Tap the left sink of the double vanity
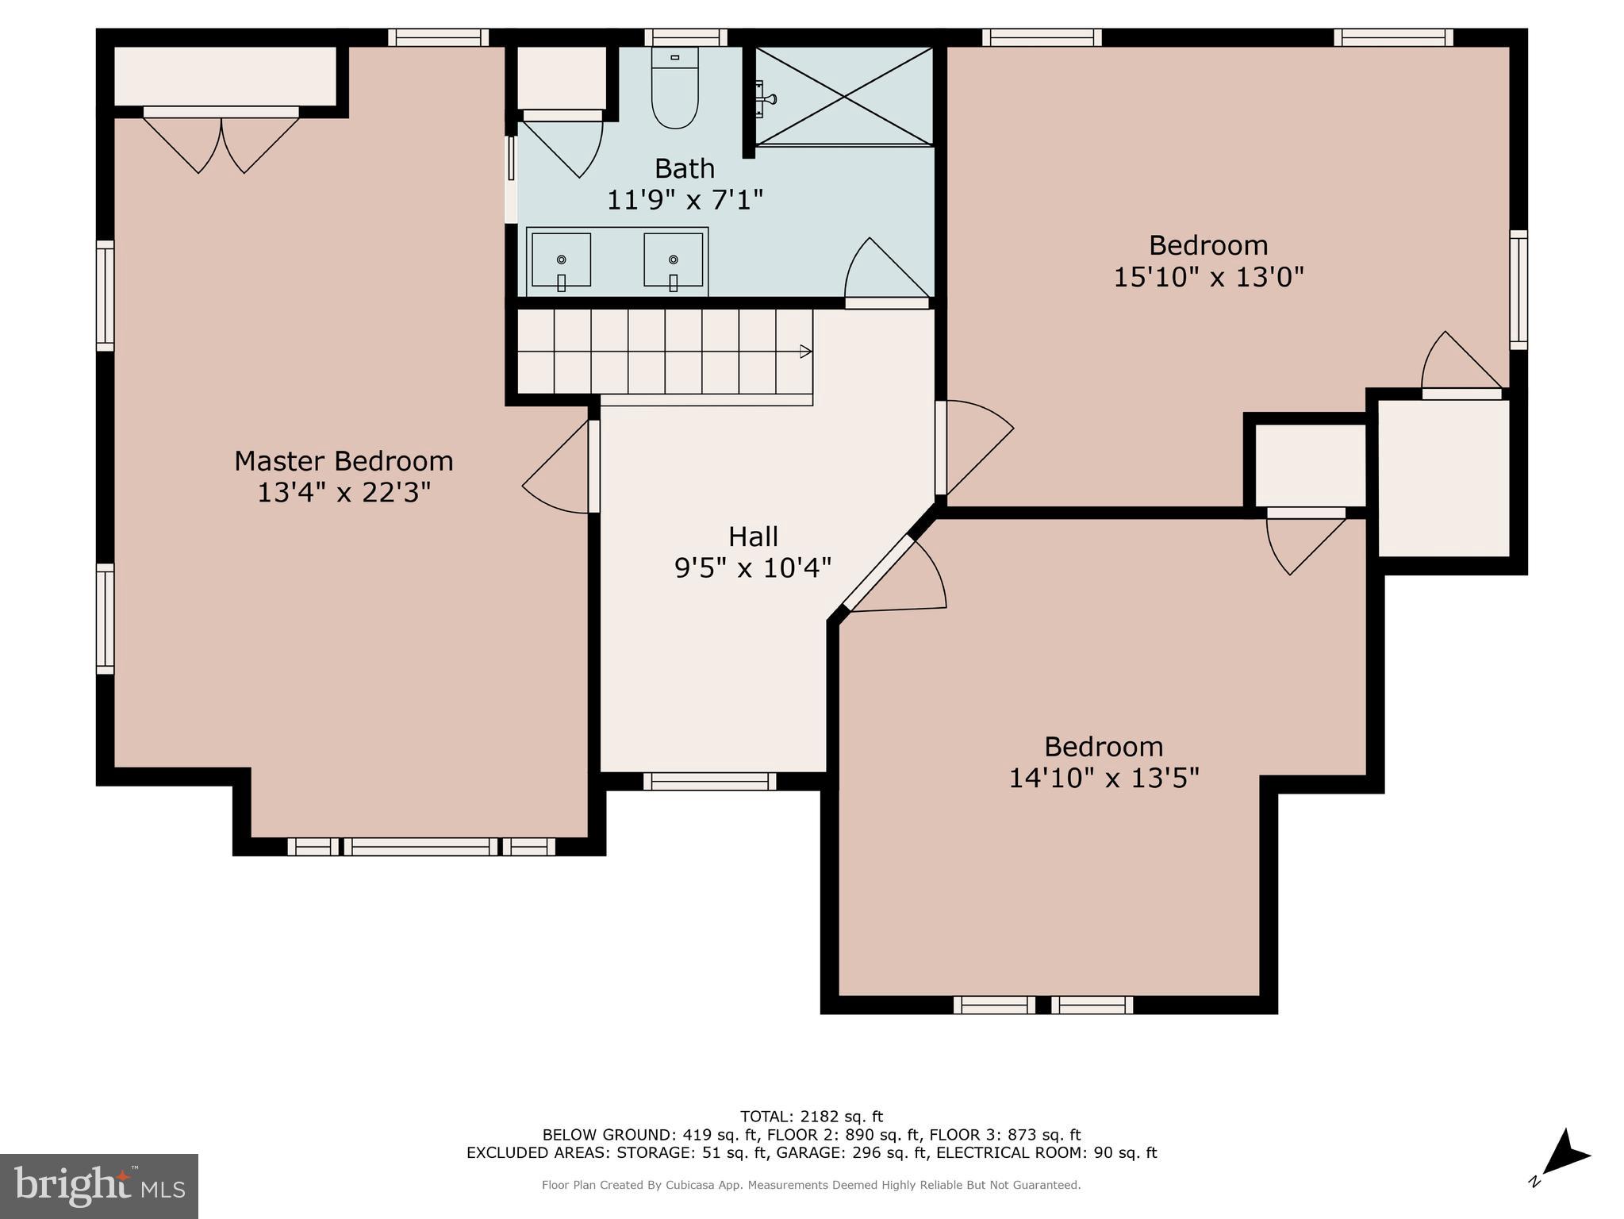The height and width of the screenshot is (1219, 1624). tap(561, 260)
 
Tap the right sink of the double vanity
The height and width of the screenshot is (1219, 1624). tap(673, 260)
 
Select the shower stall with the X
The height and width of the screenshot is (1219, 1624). tap(843, 96)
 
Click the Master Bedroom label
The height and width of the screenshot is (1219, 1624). tap(344, 461)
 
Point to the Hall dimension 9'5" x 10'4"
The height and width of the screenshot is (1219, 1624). tap(752, 568)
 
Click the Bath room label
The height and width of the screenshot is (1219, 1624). tap(684, 168)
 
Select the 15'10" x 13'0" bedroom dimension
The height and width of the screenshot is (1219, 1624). tap(1208, 277)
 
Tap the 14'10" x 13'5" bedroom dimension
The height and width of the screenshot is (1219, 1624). tap(1103, 778)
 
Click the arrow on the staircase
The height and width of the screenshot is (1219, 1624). tap(805, 352)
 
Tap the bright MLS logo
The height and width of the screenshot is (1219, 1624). tap(99, 1186)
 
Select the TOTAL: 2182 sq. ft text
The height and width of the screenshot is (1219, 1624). tap(811, 1117)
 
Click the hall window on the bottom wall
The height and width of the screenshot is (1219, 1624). tap(709, 782)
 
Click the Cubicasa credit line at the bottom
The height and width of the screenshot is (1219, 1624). tap(811, 1185)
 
